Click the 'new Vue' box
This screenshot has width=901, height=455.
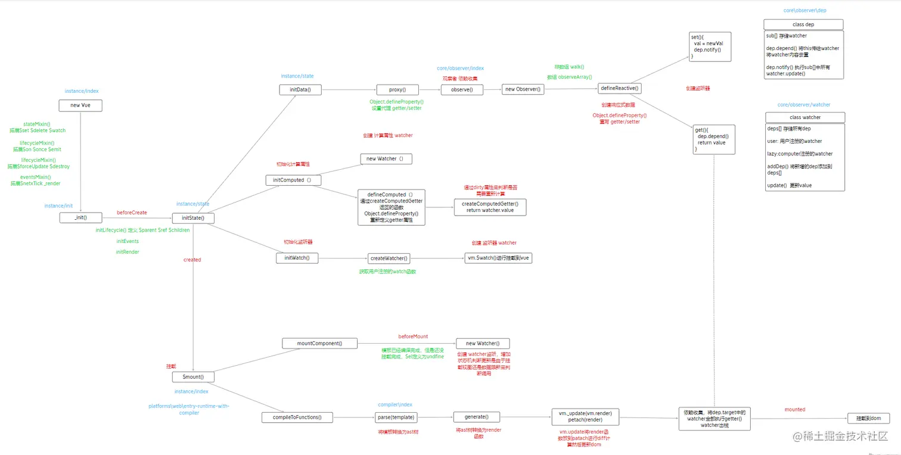[80, 105]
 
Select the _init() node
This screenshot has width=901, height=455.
[81, 218]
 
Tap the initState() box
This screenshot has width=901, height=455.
[193, 218]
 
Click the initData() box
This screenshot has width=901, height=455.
[300, 90]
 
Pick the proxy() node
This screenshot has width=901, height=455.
[397, 90]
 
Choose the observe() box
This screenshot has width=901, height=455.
[462, 90]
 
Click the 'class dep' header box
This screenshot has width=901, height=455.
[803, 24]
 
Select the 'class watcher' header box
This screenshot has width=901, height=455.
[804, 117]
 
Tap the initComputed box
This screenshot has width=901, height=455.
[293, 180]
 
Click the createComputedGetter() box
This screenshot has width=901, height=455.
[490, 207]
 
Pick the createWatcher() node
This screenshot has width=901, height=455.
[389, 258]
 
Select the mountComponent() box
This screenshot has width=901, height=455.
[319, 343]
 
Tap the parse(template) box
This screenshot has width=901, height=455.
[396, 417]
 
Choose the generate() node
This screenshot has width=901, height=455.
[476, 417]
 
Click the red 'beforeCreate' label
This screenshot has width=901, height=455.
[132, 213]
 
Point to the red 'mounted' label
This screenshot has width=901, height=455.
[794, 410]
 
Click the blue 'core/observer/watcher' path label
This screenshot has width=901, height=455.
[804, 105]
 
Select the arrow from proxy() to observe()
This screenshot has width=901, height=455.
[430, 90]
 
